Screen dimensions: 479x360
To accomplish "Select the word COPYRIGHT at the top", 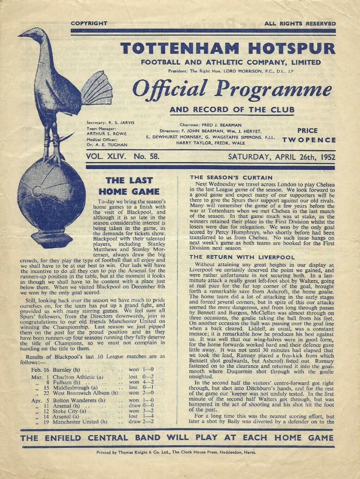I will point(89,24).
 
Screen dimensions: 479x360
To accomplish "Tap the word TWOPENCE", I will point(309,140).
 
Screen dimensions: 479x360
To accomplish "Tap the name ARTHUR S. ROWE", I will point(101,134).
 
